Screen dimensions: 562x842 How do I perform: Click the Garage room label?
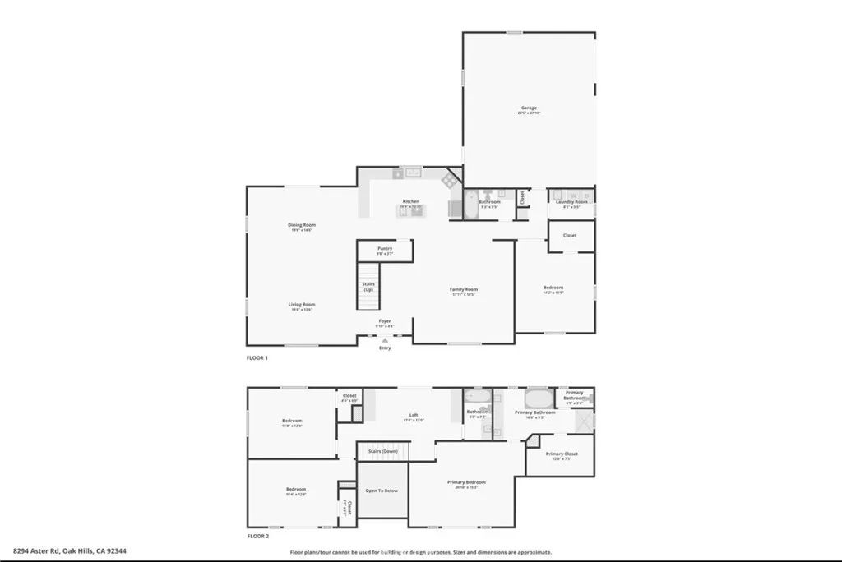tap(528, 108)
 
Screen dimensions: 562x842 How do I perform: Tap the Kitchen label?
tap(410, 201)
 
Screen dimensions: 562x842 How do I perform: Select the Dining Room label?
tap(302, 224)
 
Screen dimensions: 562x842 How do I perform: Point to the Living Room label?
tap(302, 304)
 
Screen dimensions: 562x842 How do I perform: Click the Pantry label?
tap(385, 248)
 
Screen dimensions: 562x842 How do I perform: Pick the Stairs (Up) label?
tap(368, 287)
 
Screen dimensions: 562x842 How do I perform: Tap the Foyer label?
tap(385, 320)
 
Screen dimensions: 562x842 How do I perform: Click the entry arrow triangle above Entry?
tap(385, 339)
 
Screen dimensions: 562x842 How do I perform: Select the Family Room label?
tap(464, 289)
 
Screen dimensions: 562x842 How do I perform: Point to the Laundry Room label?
tap(571, 201)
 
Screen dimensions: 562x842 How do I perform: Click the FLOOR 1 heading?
tap(257, 358)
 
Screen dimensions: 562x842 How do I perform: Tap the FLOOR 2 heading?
tap(257, 536)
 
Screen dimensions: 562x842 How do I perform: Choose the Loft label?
tap(414, 415)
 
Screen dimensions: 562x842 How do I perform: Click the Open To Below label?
tap(382, 491)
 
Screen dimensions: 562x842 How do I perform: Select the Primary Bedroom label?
tap(466, 482)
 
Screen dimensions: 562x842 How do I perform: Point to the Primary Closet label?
tap(562, 454)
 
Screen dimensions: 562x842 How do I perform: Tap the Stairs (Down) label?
tap(383, 451)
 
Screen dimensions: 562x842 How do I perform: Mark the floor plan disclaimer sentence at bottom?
tap(420, 552)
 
